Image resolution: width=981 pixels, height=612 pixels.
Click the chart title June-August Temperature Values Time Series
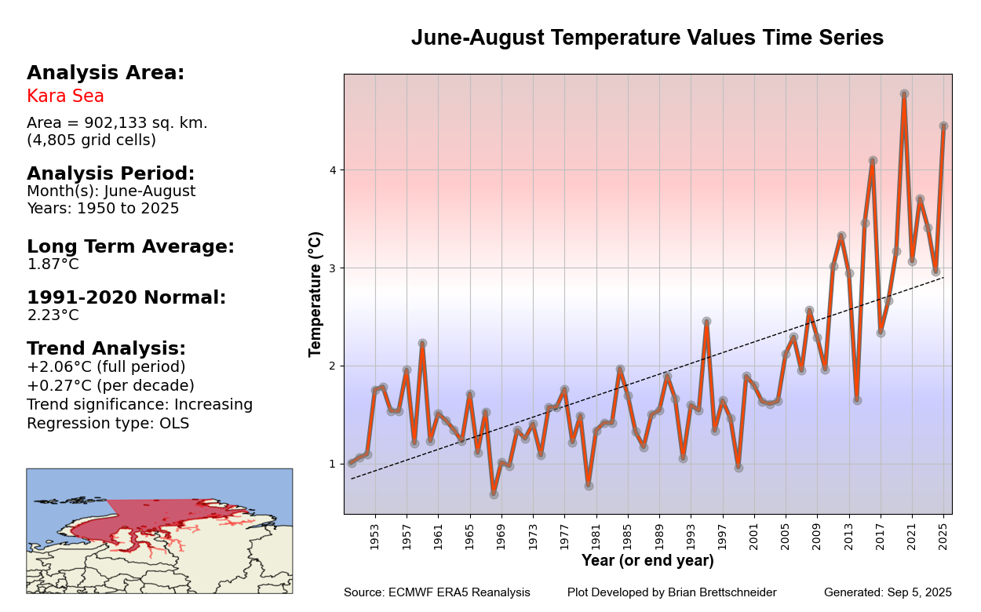tap(647, 38)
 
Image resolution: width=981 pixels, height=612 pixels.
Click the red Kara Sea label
tap(65, 97)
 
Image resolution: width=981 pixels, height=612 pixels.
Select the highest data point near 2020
tap(904, 94)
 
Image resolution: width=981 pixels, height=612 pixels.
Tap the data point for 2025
tap(943, 126)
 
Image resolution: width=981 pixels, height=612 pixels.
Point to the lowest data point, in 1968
tap(494, 494)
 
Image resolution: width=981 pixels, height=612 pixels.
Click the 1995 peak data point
tap(706, 322)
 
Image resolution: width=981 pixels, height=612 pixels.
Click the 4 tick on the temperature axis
tap(332, 170)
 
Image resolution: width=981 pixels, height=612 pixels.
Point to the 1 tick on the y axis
tap(332, 464)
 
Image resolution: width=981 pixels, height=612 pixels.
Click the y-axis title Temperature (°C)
tap(315, 294)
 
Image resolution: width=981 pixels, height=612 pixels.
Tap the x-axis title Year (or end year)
tap(647, 561)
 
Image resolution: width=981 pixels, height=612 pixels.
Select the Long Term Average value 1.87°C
tap(53, 264)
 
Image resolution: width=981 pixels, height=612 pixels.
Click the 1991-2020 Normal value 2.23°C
tap(53, 315)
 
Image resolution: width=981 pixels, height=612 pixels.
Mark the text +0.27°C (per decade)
tap(110, 386)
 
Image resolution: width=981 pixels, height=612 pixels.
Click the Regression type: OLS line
tap(108, 424)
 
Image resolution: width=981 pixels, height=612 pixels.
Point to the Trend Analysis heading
tap(106, 348)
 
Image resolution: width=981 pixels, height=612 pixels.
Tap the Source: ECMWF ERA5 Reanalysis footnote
tap(436, 592)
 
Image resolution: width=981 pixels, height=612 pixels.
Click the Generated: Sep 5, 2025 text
tap(888, 592)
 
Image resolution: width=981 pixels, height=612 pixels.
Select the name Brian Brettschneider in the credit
tap(722, 592)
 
